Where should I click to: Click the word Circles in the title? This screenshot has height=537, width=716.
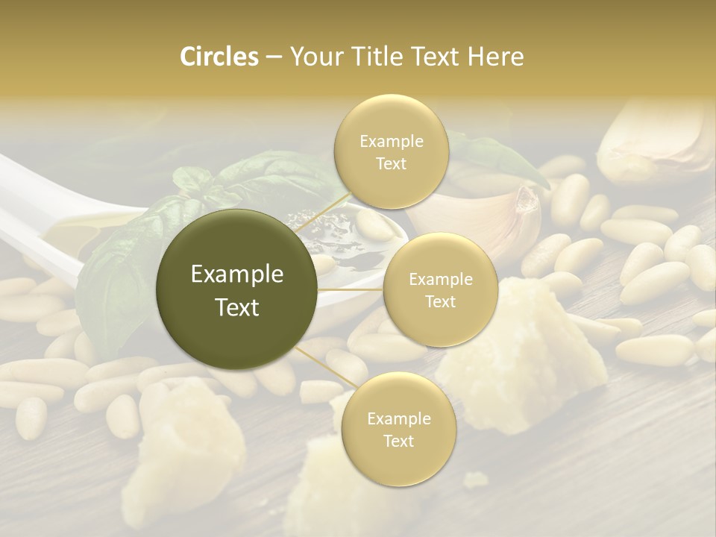(x=219, y=57)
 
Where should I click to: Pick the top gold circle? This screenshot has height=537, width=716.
(x=391, y=151)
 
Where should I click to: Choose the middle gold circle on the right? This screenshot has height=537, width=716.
(x=440, y=289)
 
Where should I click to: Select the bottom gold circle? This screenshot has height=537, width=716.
(x=398, y=429)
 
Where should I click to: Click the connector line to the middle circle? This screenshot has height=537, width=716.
(x=351, y=289)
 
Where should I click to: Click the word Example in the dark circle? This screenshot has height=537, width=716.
(x=237, y=274)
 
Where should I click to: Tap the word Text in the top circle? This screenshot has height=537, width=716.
(x=391, y=163)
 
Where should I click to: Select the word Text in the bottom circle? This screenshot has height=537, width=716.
(x=398, y=441)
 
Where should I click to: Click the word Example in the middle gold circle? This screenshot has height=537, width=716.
(x=440, y=280)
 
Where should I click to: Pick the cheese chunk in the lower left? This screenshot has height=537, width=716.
(x=186, y=447)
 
